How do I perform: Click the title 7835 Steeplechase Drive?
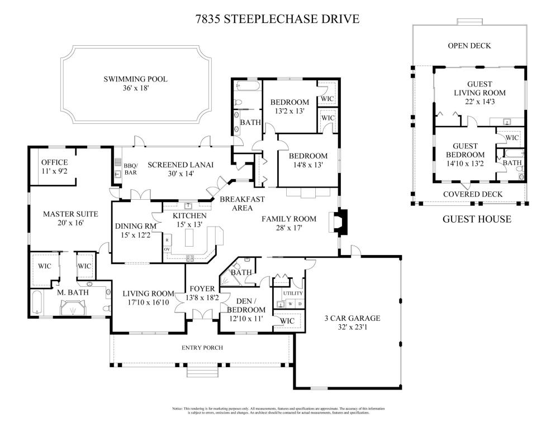[277, 20]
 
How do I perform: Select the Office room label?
[54, 162]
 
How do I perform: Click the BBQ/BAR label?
[131, 169]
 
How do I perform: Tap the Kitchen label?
[189, 215]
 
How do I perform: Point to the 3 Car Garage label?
[352, 319]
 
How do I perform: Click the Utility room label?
[292, 293]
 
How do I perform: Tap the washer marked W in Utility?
[290, 304]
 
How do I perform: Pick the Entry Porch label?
[202, 348]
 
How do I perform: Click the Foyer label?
[202, 288]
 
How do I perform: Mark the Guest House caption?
[476, 219]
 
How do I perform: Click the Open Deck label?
[469, 46]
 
